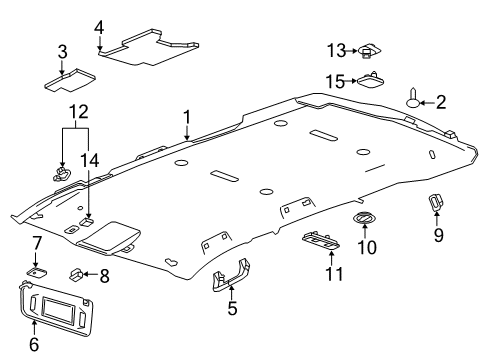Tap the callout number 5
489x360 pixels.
pos(232,309)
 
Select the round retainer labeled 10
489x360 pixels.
pos(362,219)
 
